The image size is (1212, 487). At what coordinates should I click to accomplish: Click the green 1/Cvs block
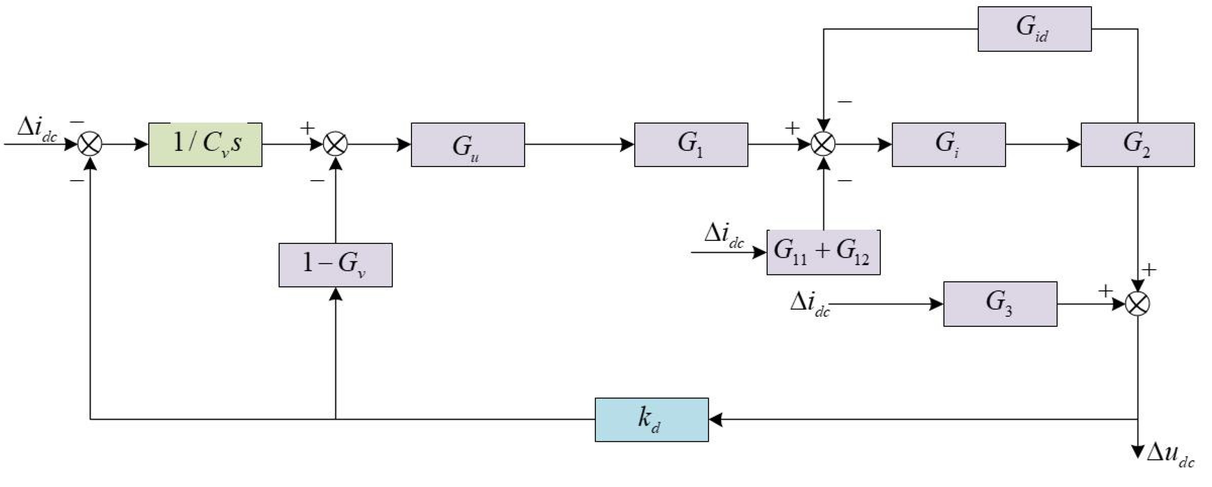tap(205, 144)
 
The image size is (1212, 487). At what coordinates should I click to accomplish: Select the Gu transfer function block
tap(468, 144)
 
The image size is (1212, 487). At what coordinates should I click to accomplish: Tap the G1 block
tap(691, 144)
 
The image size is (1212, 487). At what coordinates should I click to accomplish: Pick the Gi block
tap(948, 144)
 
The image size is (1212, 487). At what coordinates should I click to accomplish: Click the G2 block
tap(1137, 144)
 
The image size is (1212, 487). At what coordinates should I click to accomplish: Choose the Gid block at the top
tap(1034, 29)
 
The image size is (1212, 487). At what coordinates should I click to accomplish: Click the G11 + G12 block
tap(824, 252)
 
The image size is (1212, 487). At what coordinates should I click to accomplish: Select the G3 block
tap(1000, 304)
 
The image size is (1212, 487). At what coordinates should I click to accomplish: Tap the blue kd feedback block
tap(651, 419)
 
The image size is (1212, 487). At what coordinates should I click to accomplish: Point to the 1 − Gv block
tap(336, 265)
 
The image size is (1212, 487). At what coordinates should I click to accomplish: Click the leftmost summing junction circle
tap(89, 144)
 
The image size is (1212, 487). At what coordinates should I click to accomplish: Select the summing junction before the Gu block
tap(336, 144)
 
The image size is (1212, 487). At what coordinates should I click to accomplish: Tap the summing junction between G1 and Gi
tap(824, 144)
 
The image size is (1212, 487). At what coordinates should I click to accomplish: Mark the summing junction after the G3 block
tap(1137, 304)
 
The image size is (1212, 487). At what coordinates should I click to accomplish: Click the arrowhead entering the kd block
tap(715, 419)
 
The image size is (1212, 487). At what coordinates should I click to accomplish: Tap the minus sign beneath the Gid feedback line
tap(845, 101)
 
